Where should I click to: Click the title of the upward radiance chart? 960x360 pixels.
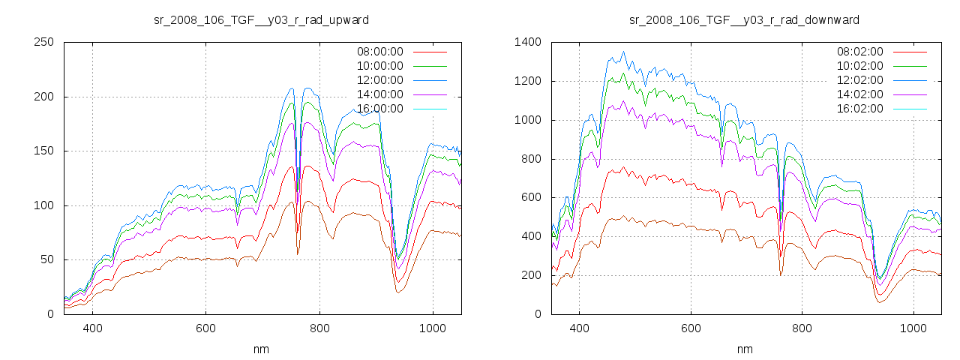click(x=261, y=19)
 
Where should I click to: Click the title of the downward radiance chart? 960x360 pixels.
click(x=744, y=19)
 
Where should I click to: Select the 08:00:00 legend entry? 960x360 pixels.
click(x=379, y=52)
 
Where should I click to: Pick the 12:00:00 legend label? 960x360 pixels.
click(x=379, y=80)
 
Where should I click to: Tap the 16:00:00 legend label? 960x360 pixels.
click(x=379, y=109)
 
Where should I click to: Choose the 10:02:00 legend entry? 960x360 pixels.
click(x=859, y=66)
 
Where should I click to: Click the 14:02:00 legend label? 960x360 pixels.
click(x=859, y=94)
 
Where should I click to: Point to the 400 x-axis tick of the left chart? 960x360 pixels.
click(x=93, y=328)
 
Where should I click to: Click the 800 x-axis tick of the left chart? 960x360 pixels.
click(x=319, y=328)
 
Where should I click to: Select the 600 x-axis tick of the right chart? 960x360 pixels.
click(x=691, y=328)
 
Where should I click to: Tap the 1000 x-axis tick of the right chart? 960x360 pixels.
click(x=913, y=328)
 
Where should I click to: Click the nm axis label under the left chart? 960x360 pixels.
click(x=261, y=349)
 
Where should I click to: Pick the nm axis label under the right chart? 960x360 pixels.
click(x=744, y=349)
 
